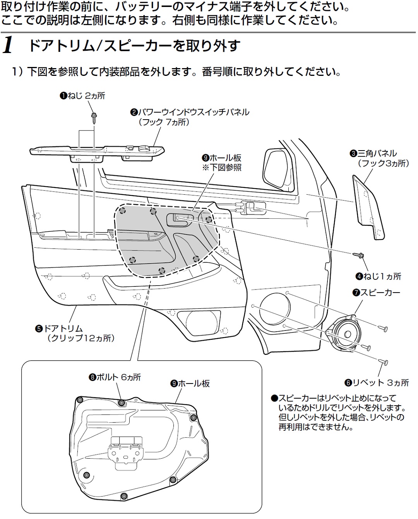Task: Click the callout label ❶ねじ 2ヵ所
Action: pos(82,96)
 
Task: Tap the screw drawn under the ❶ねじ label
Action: pos(94,117)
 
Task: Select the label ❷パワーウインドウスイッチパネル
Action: pos(190,112)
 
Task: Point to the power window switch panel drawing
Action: pos(97,151)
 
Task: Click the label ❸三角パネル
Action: pos(373,154)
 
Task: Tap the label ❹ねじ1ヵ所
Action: pos(379,276)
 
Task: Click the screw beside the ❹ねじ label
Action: pos(358,255)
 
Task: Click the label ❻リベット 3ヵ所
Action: pos(377,383)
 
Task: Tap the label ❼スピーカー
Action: pos(376,293)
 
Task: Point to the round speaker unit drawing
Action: pos(344,332)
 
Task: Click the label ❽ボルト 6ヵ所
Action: pos(115,377)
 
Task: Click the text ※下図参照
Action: pos(222,168)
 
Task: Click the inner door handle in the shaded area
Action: pos(180,219)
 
